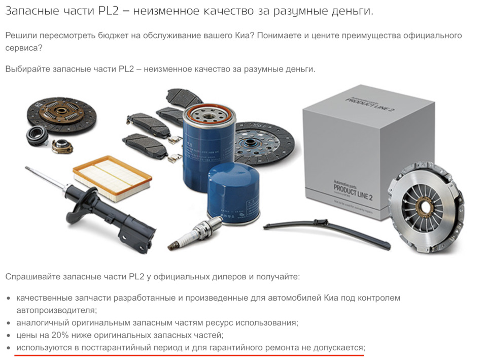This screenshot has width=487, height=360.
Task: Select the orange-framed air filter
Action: pos(112,175)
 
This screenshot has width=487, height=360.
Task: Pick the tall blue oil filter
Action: pos(208,146)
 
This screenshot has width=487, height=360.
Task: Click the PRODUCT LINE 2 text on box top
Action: pos(369,103)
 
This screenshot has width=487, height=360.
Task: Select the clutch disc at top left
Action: pos(61,114)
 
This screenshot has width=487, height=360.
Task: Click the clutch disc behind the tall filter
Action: pos(264,144)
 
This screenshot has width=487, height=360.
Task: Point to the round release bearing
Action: pos(37,136)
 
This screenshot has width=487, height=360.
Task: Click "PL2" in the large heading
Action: pos(109,11)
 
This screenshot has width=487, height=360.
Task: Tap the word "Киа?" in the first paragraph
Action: pos(243,36)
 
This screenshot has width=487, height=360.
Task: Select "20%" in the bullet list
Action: pos(59,335)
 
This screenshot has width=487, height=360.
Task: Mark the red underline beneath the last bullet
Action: pos(190,354)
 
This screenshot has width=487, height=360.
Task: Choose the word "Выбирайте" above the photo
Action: pos(28,69)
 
